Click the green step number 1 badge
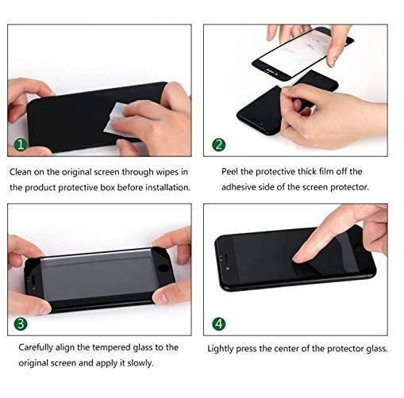(x=21, y=144)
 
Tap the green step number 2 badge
(x=219, y=145)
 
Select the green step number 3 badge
(x=21, y=323)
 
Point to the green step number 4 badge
(x=219, y=323)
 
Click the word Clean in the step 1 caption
(x=21, y=172)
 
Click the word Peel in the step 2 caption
(x=229, y=171)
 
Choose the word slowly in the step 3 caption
(x=140, y=363)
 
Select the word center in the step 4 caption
(x=287, y=349)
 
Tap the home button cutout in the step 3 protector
(x=164, y=267)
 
